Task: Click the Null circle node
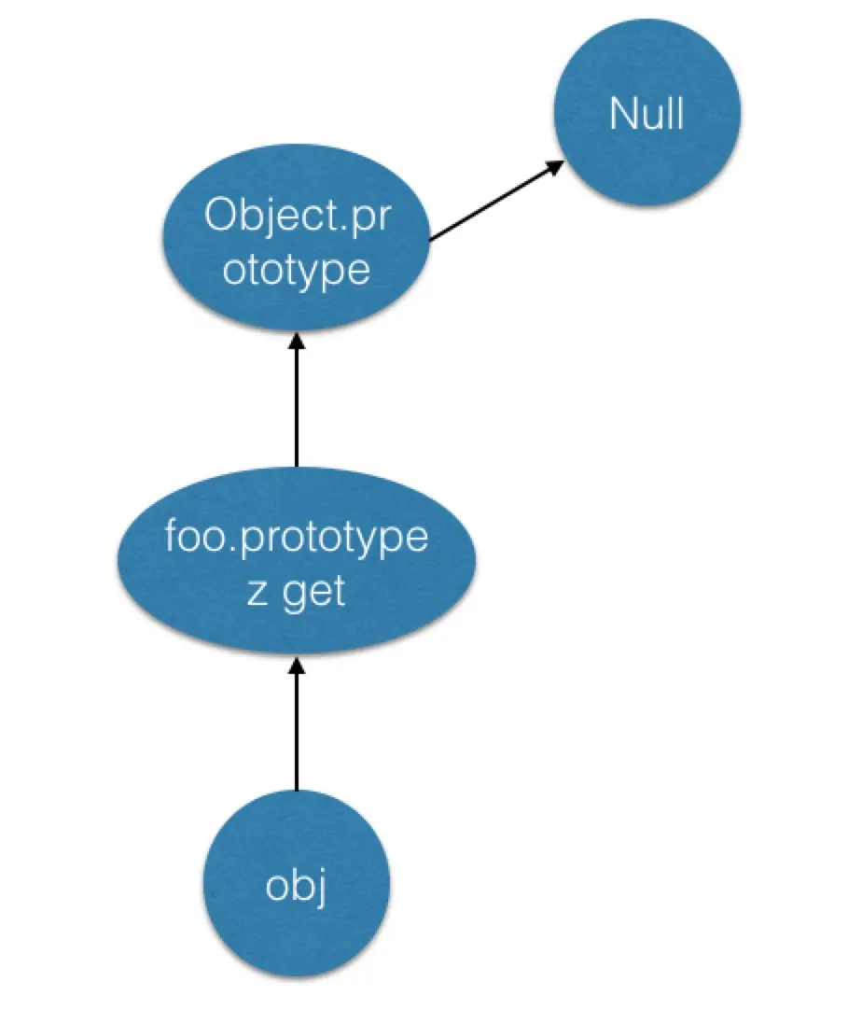(x=647, y=112)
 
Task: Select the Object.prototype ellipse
(x=297, y=238)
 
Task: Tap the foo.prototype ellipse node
(x=297, y=561)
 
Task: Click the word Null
(x=646, y=113)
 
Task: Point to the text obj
(x=296, y=887)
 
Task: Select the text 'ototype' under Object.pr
(x=297, y=270)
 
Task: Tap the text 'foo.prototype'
(x=297, y=538)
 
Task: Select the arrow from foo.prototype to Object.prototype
(x=297, y=400)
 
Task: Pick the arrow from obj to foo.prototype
(x=297, y=722)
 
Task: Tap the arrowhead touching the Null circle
(x=556, y=166)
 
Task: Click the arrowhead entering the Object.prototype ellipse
(x=297, y=341)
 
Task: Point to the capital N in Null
(x=622, y=113)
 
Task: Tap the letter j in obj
(x=320, y=889)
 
